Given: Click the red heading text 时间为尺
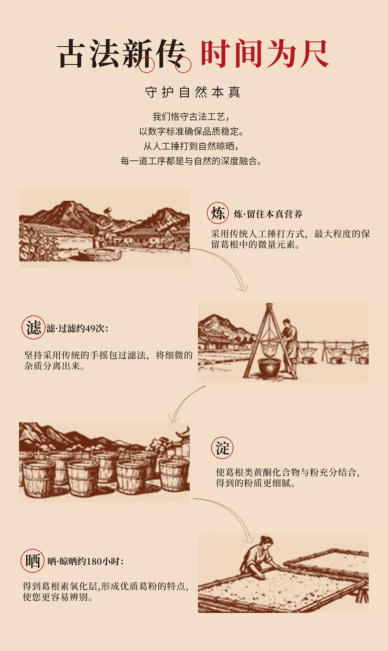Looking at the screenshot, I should pyautogui.click(x=264, y=54).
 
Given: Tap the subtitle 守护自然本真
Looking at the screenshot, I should pyautogui.click(x=192, y=92).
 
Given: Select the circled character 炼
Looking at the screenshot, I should pyautogui.click(x=218, y=213).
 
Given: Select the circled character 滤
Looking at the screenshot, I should pyautogui.click(x=33, y=328).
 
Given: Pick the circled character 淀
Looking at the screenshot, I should pyautogui.click(x=222, y=448).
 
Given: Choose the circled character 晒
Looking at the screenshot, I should pyautogui.click(x=33, y=561).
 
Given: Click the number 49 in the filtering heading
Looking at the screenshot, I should pyautogui.click(x=90, y=329).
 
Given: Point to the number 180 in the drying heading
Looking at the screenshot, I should pyautogui.click(x=94, y=561).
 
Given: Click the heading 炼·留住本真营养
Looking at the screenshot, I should pyautogui.click(x=268, y=214).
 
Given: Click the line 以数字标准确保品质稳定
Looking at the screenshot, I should pyautogui.click(x=191, y=131).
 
